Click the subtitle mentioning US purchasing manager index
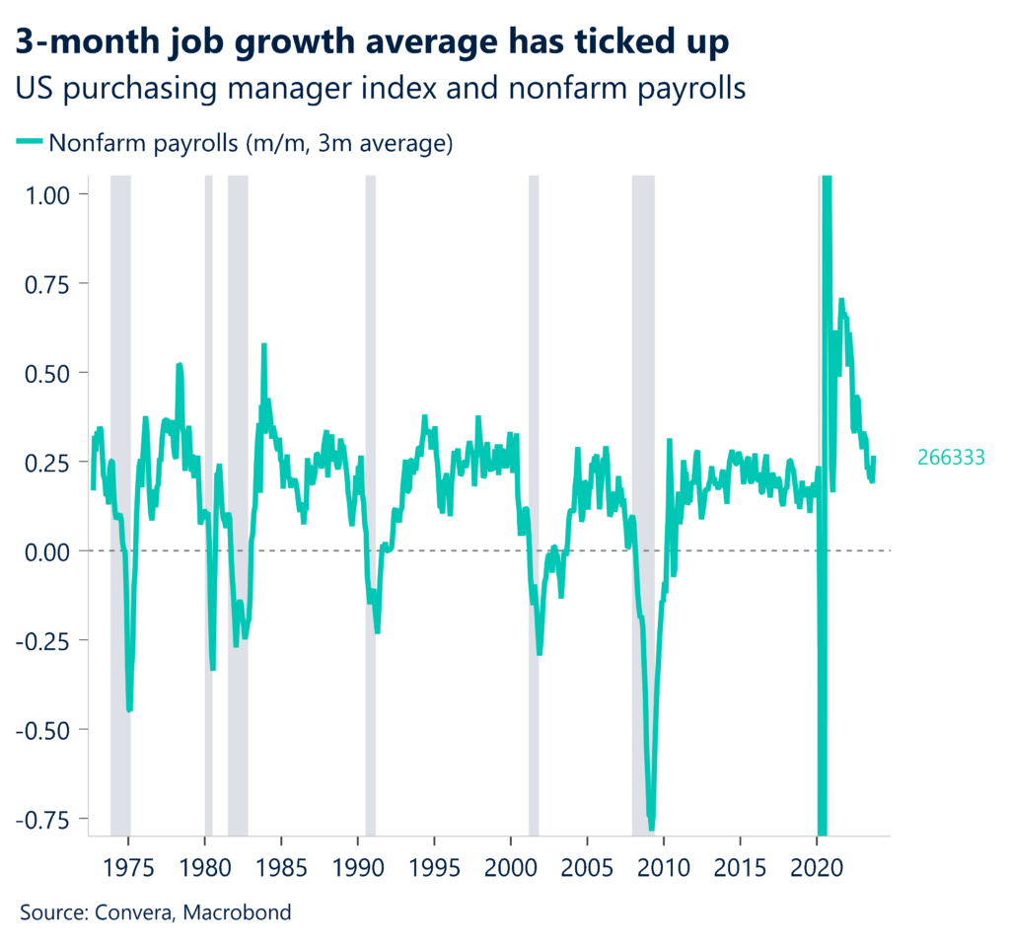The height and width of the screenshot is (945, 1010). pos(380,88)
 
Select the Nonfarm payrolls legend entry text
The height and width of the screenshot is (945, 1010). pos(251,143)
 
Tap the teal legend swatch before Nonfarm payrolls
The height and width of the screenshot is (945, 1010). pos(30,143)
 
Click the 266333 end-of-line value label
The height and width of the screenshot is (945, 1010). pos(951,458)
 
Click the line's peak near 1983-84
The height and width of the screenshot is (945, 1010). pos(263,346)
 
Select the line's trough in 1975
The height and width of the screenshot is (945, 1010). pos(129,708)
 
